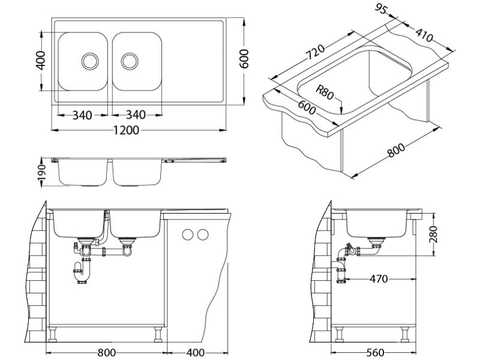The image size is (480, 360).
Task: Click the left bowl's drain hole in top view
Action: [x=90, y=60]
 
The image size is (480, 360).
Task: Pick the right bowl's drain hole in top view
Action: [x=129, y=60]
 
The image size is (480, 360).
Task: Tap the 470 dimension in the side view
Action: [x=379, y=279]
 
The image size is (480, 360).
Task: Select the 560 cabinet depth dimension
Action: [x=374, y=352]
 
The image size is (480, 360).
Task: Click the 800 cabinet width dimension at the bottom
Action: [x=106, y=352]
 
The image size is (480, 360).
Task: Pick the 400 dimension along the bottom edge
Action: [x=196, y=352]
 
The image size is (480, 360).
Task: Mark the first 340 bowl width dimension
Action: [x=82, y=115]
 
